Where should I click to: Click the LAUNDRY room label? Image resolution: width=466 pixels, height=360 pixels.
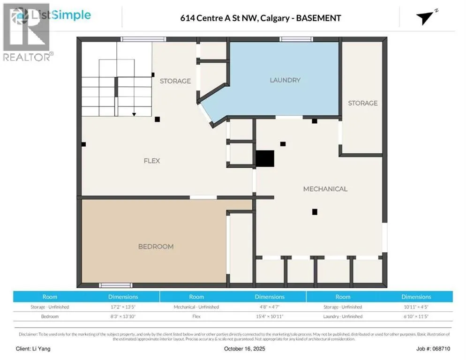click(x=285, y=80)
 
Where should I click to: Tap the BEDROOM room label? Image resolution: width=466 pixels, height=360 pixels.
click(x=156, y=247)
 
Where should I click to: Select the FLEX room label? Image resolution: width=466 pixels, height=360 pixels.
click(x=151, y=161)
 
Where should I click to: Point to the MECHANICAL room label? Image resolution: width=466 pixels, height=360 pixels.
click(x=325, y=189)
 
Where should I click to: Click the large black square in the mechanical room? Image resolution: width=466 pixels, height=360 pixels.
click(x=265, y=158)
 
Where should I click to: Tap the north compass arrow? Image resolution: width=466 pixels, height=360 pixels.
click(x=426, y=17)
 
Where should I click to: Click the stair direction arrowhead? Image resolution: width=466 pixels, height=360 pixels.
click(x=134, y=114)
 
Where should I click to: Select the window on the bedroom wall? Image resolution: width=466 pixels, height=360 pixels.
click(x=116, y=285)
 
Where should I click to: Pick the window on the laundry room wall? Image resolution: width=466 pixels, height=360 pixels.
click(x=296, y=39)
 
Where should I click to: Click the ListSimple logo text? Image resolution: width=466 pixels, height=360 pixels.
click(x=61, y=15)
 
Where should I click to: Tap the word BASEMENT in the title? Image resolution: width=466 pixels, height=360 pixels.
click(x=319, y=18)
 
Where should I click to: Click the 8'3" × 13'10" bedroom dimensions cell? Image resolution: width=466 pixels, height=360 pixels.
click(x=123, y=316)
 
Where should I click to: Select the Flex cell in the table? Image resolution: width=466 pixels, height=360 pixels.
click(x=196, y=316)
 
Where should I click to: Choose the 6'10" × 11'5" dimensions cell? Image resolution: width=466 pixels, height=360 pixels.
click(x=416, y=316)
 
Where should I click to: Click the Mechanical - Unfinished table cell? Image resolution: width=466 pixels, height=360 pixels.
click(x=196, y=307)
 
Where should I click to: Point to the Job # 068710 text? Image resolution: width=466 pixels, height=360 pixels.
click(x=433, y=349)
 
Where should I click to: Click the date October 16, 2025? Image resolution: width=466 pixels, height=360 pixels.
click(x=245, y=349)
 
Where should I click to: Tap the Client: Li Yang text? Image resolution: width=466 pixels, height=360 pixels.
click(x=33, y=349)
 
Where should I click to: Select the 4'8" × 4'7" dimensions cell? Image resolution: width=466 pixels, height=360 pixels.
click(x=270, y=307)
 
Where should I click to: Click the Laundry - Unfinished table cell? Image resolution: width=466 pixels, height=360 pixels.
click(x=343, y=316)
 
